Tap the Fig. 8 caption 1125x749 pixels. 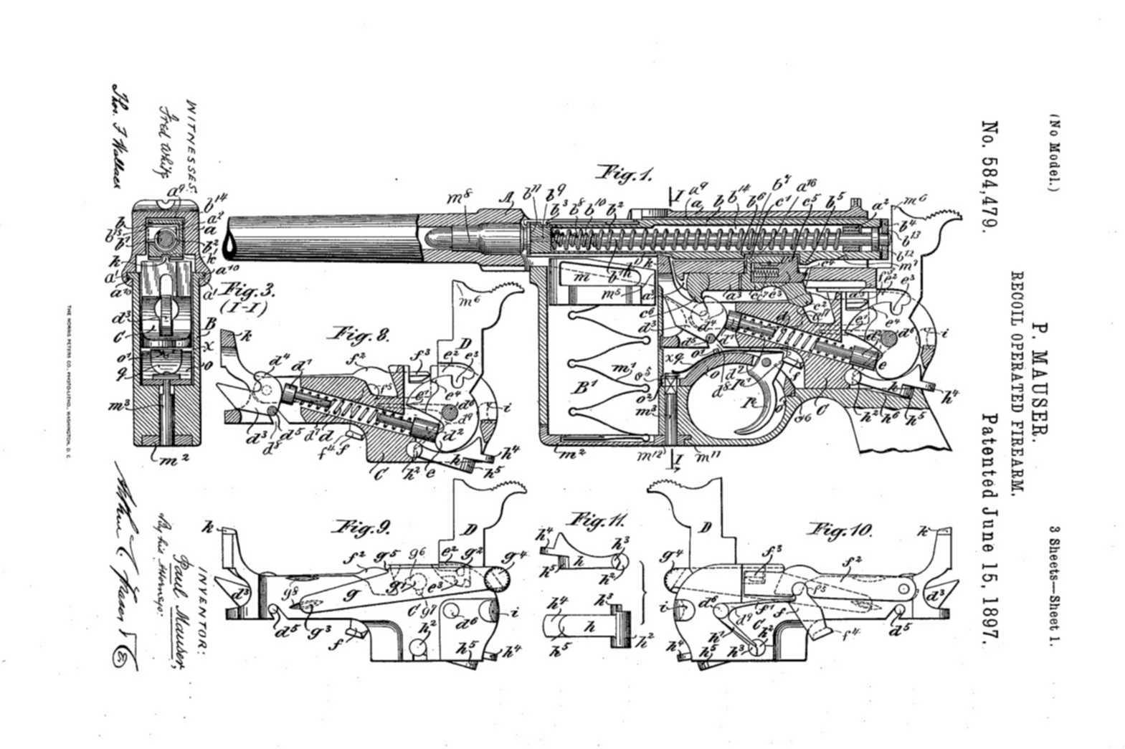[359, 335]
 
